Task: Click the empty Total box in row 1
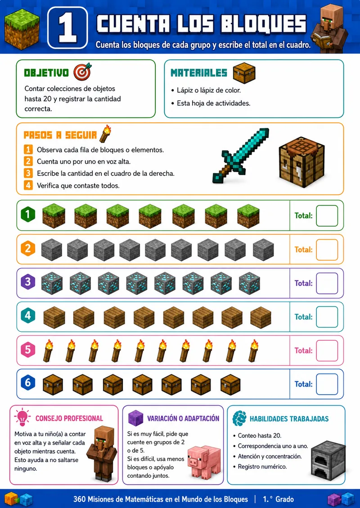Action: (x=327, y=215)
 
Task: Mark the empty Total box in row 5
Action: (x=327, y=350)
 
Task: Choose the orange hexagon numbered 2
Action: (x=28, y=249)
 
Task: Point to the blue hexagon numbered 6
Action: (x=28, y=383)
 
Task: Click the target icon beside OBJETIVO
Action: (x=82, y=71)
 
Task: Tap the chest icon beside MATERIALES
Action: (x=244, y=73)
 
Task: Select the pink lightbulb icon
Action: (x=22, y=417)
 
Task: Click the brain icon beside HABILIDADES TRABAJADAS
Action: (x=239, y=418)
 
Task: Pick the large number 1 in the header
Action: (x=67, y=28)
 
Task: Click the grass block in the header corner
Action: (x=22, y=29)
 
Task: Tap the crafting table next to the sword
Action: (x=301, y=162)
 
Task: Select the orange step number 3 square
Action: (x=28, y=174)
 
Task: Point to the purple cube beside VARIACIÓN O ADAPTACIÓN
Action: (x=135, y=418)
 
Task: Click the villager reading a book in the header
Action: (x=329, y=28)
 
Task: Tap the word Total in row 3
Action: (x=304, y=283)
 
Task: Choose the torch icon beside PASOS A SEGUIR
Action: (x=105, y=134)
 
